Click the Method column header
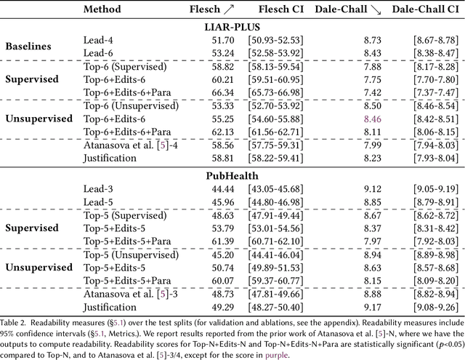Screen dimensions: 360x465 coord(102,9)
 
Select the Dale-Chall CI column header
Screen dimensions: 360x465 coord(424,9)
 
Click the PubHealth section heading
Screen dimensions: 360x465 coord(231,175)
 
